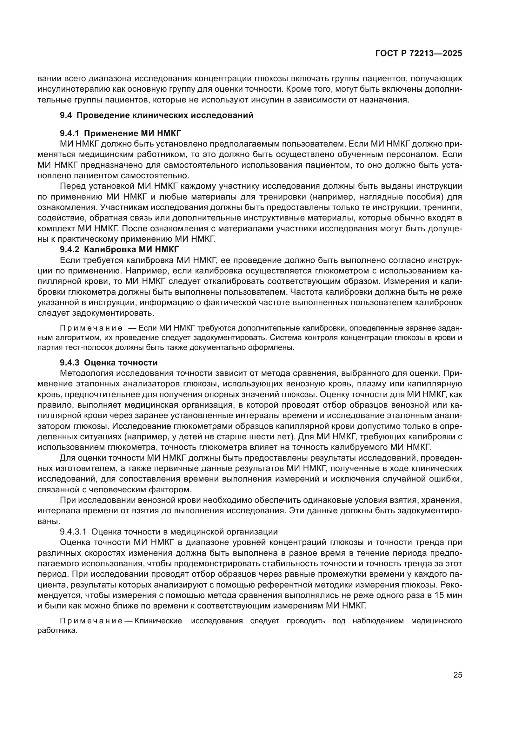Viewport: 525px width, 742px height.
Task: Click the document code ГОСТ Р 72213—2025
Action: pos(419,54)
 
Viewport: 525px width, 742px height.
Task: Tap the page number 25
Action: pos(458,675)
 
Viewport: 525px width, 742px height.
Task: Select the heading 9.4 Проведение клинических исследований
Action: pos(156,115)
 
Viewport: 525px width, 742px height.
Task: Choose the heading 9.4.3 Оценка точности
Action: pos(109,363)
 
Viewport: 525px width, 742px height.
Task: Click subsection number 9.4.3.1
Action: pos(73,532)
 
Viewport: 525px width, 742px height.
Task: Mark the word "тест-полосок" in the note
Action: pos(76,348)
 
